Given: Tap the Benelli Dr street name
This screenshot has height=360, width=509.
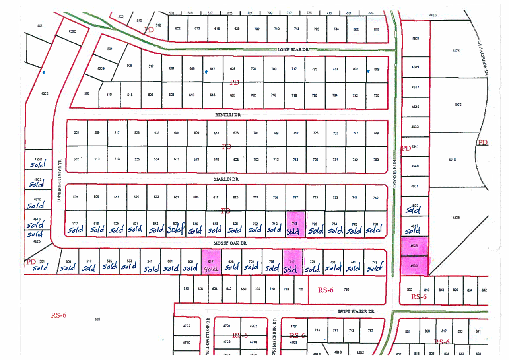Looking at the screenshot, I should (x=228, y=115).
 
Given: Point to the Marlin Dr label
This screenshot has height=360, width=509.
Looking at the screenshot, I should (x=226, y=179).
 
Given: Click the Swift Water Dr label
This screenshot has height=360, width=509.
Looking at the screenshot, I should (x=356, y=312).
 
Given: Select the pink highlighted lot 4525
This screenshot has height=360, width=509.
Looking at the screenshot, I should (x=415, y=247).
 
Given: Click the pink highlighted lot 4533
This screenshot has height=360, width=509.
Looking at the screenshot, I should (x=415, y=266).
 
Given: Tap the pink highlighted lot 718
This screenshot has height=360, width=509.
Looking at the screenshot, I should (x=295, y=224).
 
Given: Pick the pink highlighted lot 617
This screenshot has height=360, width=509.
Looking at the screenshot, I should (x=211, y=263).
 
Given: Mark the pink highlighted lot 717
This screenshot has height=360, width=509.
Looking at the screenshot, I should (x=292, y=263).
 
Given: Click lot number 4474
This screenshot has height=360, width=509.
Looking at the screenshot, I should (x=456, y=51).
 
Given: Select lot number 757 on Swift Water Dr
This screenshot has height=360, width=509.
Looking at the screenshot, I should (x=371, y=331).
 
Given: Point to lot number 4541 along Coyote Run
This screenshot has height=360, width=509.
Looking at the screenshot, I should (x=416, y=147).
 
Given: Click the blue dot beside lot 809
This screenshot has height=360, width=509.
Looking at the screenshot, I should (x=369, y=71).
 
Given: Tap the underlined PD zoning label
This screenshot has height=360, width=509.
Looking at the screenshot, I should (x=482, y=142).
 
